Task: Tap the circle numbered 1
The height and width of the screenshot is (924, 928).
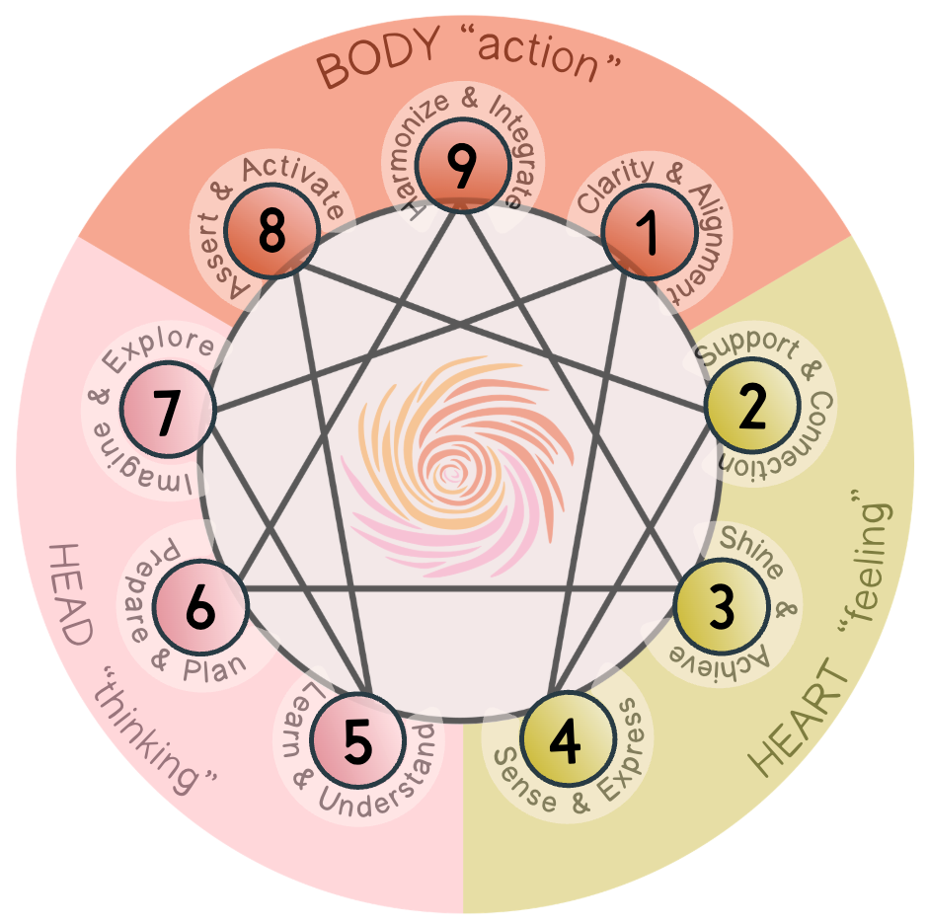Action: [x=648, y=234]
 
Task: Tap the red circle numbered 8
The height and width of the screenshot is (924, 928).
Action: [x=271, y=234]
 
